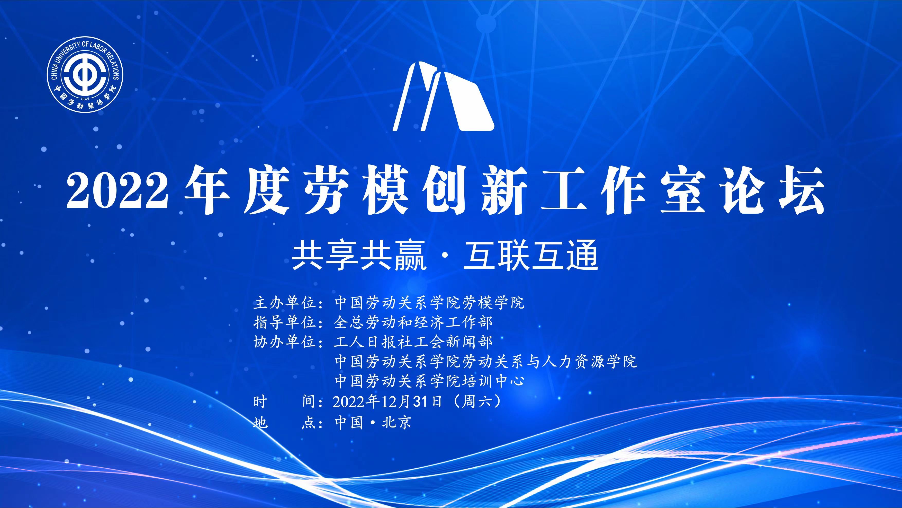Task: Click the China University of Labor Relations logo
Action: point(85,75)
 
